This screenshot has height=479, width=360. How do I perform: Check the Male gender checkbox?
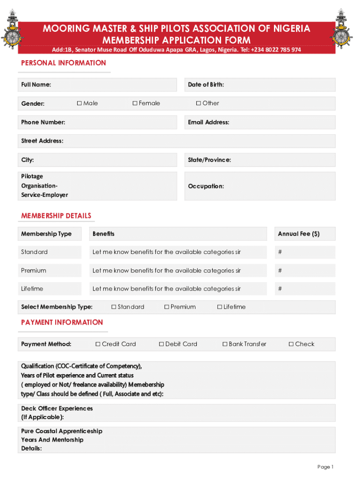point(79,103)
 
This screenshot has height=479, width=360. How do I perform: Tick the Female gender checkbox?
point(135,103)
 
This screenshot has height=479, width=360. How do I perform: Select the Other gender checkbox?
point(198,103)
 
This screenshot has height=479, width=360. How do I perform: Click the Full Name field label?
point(36,85)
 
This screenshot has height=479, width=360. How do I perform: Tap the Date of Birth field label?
point(206,85)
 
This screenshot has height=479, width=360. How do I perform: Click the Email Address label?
point(209,122)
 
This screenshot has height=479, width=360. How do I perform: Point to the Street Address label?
point(42,141)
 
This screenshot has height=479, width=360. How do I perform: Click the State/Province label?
point(209,160)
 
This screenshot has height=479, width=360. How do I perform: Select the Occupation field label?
point(206,186)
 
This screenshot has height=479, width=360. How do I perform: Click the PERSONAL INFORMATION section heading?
point(64,63)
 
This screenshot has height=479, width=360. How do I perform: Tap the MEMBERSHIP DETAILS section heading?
point(56,216)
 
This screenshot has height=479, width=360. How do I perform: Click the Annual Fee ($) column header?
point(299,234)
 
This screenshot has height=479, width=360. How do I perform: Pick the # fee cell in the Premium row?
point(280,270)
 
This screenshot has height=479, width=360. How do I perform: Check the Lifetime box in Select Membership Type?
point(220,307)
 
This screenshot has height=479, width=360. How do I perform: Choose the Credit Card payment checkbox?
point(98,344)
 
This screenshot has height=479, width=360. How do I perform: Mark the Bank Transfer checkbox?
point(225,344)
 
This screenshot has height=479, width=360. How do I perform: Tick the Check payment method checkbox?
point(291,344)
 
